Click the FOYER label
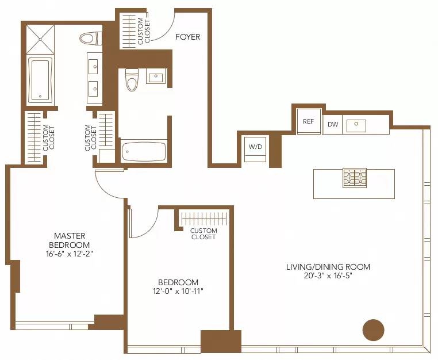(x=188, y=37)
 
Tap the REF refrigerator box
(x=309, y=121)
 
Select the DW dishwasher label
(x=332, y=124)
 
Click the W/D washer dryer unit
(x=255, y=147)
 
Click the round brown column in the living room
(x=373, y=330)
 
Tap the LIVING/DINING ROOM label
(x=328, y=267)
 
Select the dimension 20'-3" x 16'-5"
(x=328, y=276)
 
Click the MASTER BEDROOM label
(x=70, y=240)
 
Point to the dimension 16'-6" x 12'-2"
(x=70, y=254)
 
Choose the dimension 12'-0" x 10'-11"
(x=178, y=292)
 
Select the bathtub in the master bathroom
(x=40, y=80)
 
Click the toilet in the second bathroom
(x=132, y=81)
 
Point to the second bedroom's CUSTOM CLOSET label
(x=203, y=233)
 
